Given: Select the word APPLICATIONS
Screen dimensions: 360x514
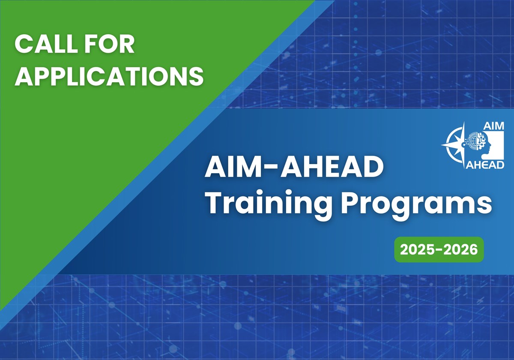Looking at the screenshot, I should pos(109,76).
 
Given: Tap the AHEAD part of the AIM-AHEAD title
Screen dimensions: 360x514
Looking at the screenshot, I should pos(334,168).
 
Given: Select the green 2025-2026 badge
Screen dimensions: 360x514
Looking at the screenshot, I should pos(439,249).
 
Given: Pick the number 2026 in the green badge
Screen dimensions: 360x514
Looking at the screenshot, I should pos(461,249).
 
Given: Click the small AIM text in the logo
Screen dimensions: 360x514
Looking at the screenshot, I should pos(493,126).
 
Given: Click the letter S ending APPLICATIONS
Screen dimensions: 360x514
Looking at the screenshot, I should pos(195,76).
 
